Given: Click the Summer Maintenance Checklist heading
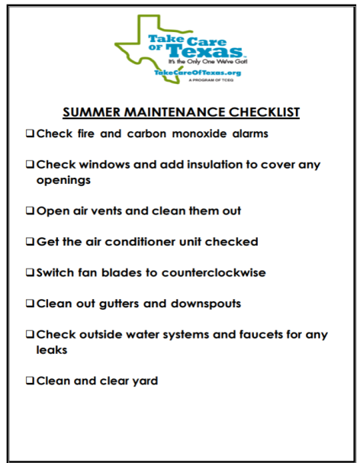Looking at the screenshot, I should point(181,112).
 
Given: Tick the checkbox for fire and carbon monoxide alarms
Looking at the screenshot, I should point(30,133).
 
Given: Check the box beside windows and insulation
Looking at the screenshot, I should point(30,164).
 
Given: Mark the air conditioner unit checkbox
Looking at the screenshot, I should point(30,242).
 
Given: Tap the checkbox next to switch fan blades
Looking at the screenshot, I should point(30,272).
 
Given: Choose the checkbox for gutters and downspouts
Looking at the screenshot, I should point(30,304).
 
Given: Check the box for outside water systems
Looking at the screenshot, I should point(30,334).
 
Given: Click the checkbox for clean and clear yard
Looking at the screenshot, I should point(30,380).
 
